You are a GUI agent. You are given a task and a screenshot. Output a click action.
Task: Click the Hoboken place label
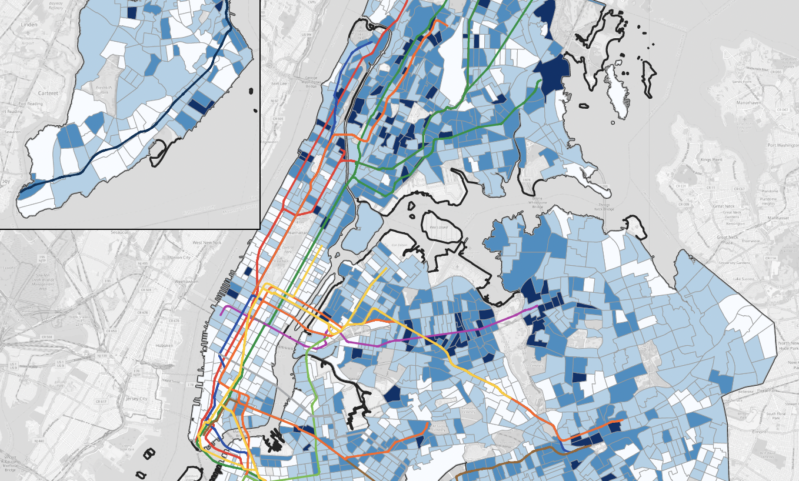pyautogui.click(x=164, y=346)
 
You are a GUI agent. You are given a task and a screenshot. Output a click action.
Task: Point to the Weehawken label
pyautogui.click(x=186, y=282)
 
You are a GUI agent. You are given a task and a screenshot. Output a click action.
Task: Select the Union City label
pyautogui.click(x=181, y=258)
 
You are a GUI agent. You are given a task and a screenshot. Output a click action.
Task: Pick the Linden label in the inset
pyautogui.click(x=29, y=25)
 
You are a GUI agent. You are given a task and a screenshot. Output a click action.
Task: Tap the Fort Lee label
pyautogui.click(x=279, y=83)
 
